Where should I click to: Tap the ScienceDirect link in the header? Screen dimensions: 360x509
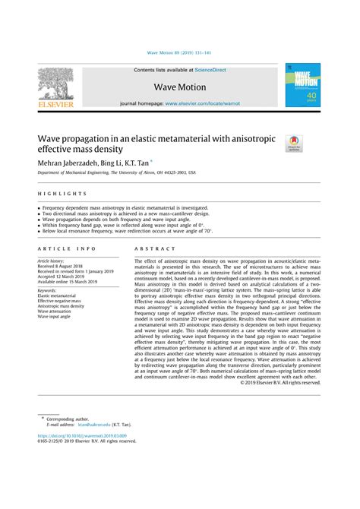(x=211, y=70)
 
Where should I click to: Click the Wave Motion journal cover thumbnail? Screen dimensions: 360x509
(x=302, y=85)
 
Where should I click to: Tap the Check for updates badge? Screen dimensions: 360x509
(x=293, y=143)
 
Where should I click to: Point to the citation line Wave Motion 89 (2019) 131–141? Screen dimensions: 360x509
(x=180, y=54)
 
